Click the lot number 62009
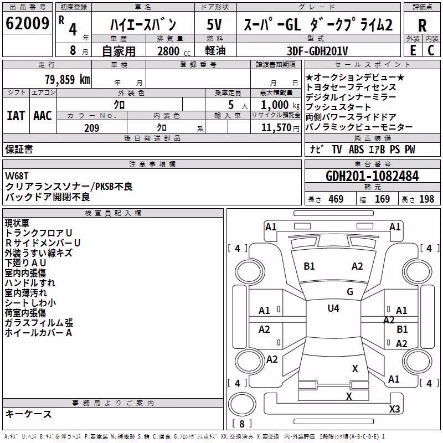[x=27, y=23]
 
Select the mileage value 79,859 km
[x=68, y=80]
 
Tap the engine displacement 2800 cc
[x=174, y=51]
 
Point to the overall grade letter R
[x=422, y=25]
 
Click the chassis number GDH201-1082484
[x=372, y=176]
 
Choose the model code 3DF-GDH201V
[x=317, y=51]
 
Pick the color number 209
[x=91, y=128]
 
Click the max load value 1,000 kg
[x=280, y=105]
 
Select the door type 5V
[x=214, y=24]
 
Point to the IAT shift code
[x=16, y=116]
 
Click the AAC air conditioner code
[x=43, y=116]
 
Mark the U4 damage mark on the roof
[x=333, y=308]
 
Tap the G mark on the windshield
[x=350, y=292]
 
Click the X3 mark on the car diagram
[x=394, y=409]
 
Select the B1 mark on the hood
[x=309, y=266]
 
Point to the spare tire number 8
[x=242, y=424]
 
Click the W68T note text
[x=17, y=176]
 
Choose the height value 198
[x=426, y=199]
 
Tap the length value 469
[x=336, y=199]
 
